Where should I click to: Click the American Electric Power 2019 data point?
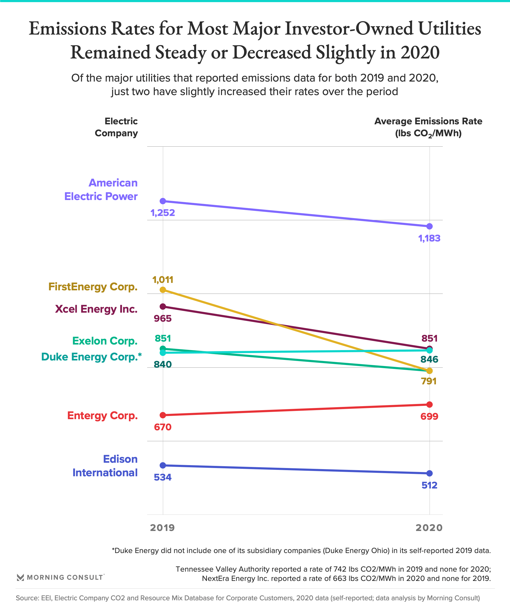[163, 201]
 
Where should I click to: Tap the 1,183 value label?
[429, 238]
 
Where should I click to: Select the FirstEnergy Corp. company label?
[93, 287]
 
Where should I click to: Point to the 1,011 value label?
[163, 280]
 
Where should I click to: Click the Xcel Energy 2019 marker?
[163, 307]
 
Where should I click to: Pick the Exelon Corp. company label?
[105, 341]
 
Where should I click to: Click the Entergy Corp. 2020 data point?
[429, 405]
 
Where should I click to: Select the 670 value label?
[163, 427]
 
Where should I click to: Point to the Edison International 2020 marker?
[429, 473]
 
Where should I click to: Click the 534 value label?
[163, 477]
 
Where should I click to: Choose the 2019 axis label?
[162, 528]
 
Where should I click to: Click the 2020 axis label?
[429, 528]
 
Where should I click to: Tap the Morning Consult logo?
[60, 577]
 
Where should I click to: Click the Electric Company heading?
[116, 127]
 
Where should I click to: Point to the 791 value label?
[429, 381]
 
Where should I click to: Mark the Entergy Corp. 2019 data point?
[163, 415]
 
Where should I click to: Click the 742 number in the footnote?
[340, 569]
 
